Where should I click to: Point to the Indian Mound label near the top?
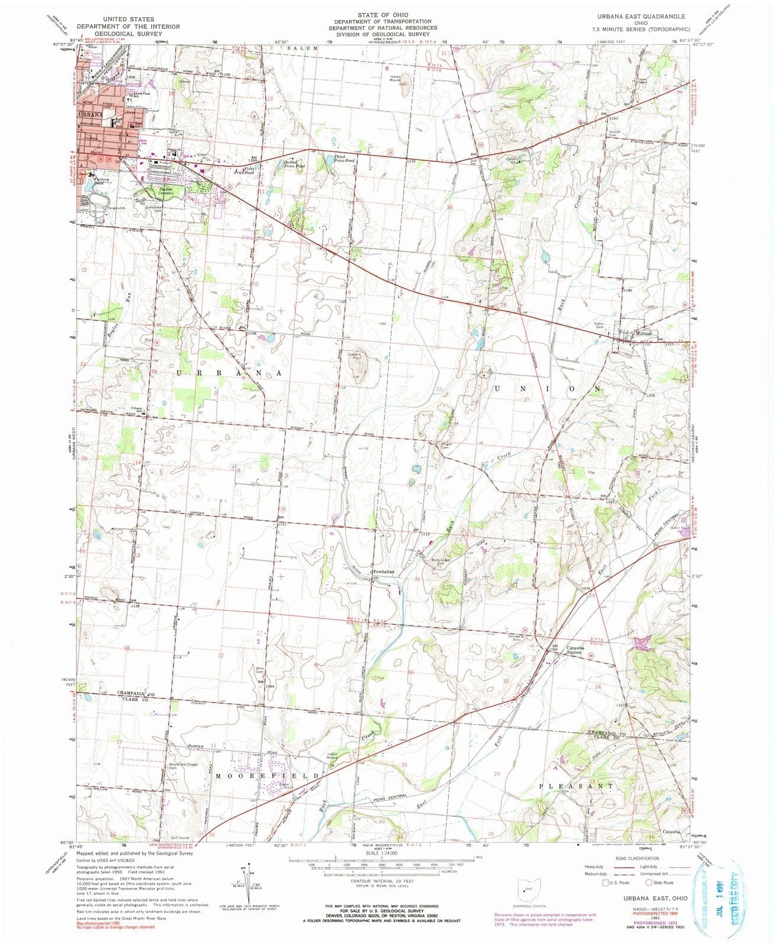400,78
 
